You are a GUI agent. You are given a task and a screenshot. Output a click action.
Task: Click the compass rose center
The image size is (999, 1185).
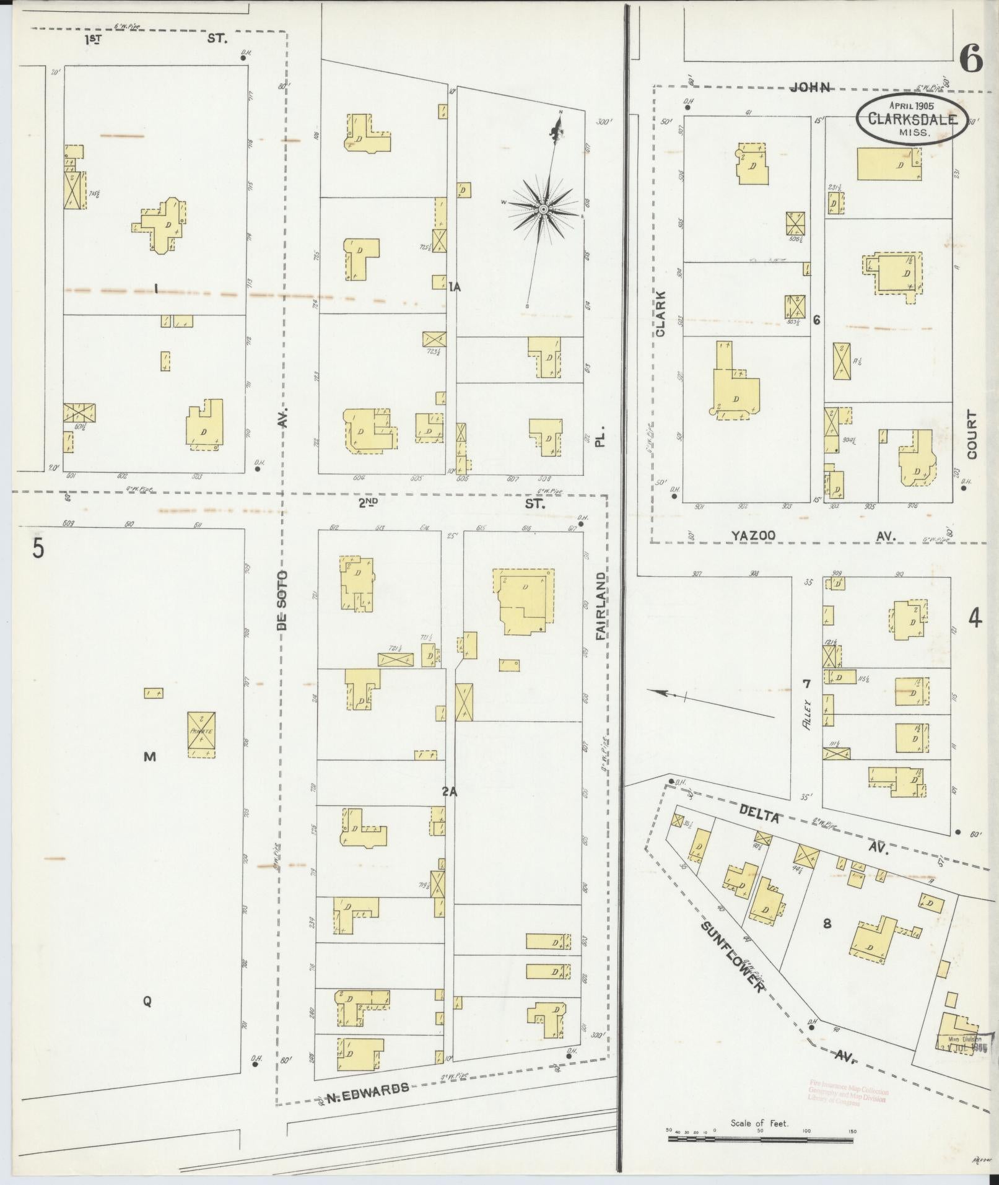pos(543,209)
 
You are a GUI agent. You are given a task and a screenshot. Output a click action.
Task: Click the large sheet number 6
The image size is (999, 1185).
pos(971,61)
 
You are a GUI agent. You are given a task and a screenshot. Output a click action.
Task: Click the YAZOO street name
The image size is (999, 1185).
pos(753,535)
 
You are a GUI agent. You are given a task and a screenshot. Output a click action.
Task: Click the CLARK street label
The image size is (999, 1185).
pos(660,313)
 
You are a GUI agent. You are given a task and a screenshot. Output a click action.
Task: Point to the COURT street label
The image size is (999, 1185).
pos(971,435)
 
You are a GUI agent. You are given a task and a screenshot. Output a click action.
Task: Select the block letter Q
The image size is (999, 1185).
pos(147,1001)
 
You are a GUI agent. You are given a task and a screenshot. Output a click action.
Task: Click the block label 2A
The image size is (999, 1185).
pos(450,791)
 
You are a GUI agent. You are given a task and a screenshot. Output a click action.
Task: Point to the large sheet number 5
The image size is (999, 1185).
pos(38,548)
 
